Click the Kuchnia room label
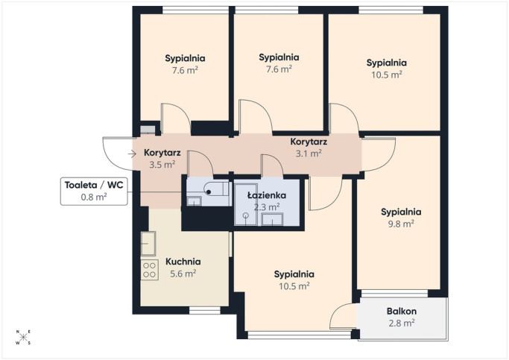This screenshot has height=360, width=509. (x=183, y=262)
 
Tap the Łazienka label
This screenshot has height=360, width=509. (x=267, y=195)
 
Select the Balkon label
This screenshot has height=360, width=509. (x=402, y=312)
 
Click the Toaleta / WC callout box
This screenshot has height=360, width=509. (x=94, y=192)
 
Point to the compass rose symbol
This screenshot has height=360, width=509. (x=23, y=338)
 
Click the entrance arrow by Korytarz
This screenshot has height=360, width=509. (x=132, y=154)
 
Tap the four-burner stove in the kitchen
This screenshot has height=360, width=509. (x=149, y=270)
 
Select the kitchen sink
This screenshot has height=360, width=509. (x=148, y=244)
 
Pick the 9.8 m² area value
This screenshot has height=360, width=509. (x=401, y=224)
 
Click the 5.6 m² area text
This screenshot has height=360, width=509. (x=183, y=274)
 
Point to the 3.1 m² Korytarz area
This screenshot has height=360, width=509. (x=309, y=154)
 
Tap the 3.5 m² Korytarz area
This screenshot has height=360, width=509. (x=162, y=164)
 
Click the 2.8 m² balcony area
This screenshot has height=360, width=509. (x=402, y=323)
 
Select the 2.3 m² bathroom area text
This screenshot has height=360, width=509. (x=267, y=207)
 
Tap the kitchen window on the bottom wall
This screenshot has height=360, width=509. (x=205, y=310)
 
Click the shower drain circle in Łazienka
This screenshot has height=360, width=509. (x=246, y=215)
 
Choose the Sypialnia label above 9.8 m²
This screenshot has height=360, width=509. (x=401, y=212)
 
